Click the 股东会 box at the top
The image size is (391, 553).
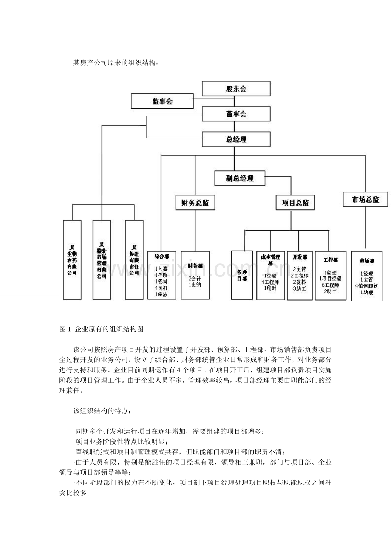(236, 89)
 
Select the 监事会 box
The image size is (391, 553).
(162, 101)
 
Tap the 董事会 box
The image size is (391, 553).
(236, 114)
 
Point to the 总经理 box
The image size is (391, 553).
(236, 139)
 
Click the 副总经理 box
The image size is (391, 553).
(239, 178)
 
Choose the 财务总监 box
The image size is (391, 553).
(195, 203)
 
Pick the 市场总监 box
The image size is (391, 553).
(365, 199)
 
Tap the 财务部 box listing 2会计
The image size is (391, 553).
(195, 275)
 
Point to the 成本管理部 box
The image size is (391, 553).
(271, 275)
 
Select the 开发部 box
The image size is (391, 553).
(300, 275)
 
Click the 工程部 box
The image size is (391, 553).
(331, 275)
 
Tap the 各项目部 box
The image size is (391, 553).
(241, 275)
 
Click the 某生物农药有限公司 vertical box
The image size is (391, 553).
(72, 260)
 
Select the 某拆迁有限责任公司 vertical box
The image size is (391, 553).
(134, 260)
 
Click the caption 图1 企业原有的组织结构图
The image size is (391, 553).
(102, 329)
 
